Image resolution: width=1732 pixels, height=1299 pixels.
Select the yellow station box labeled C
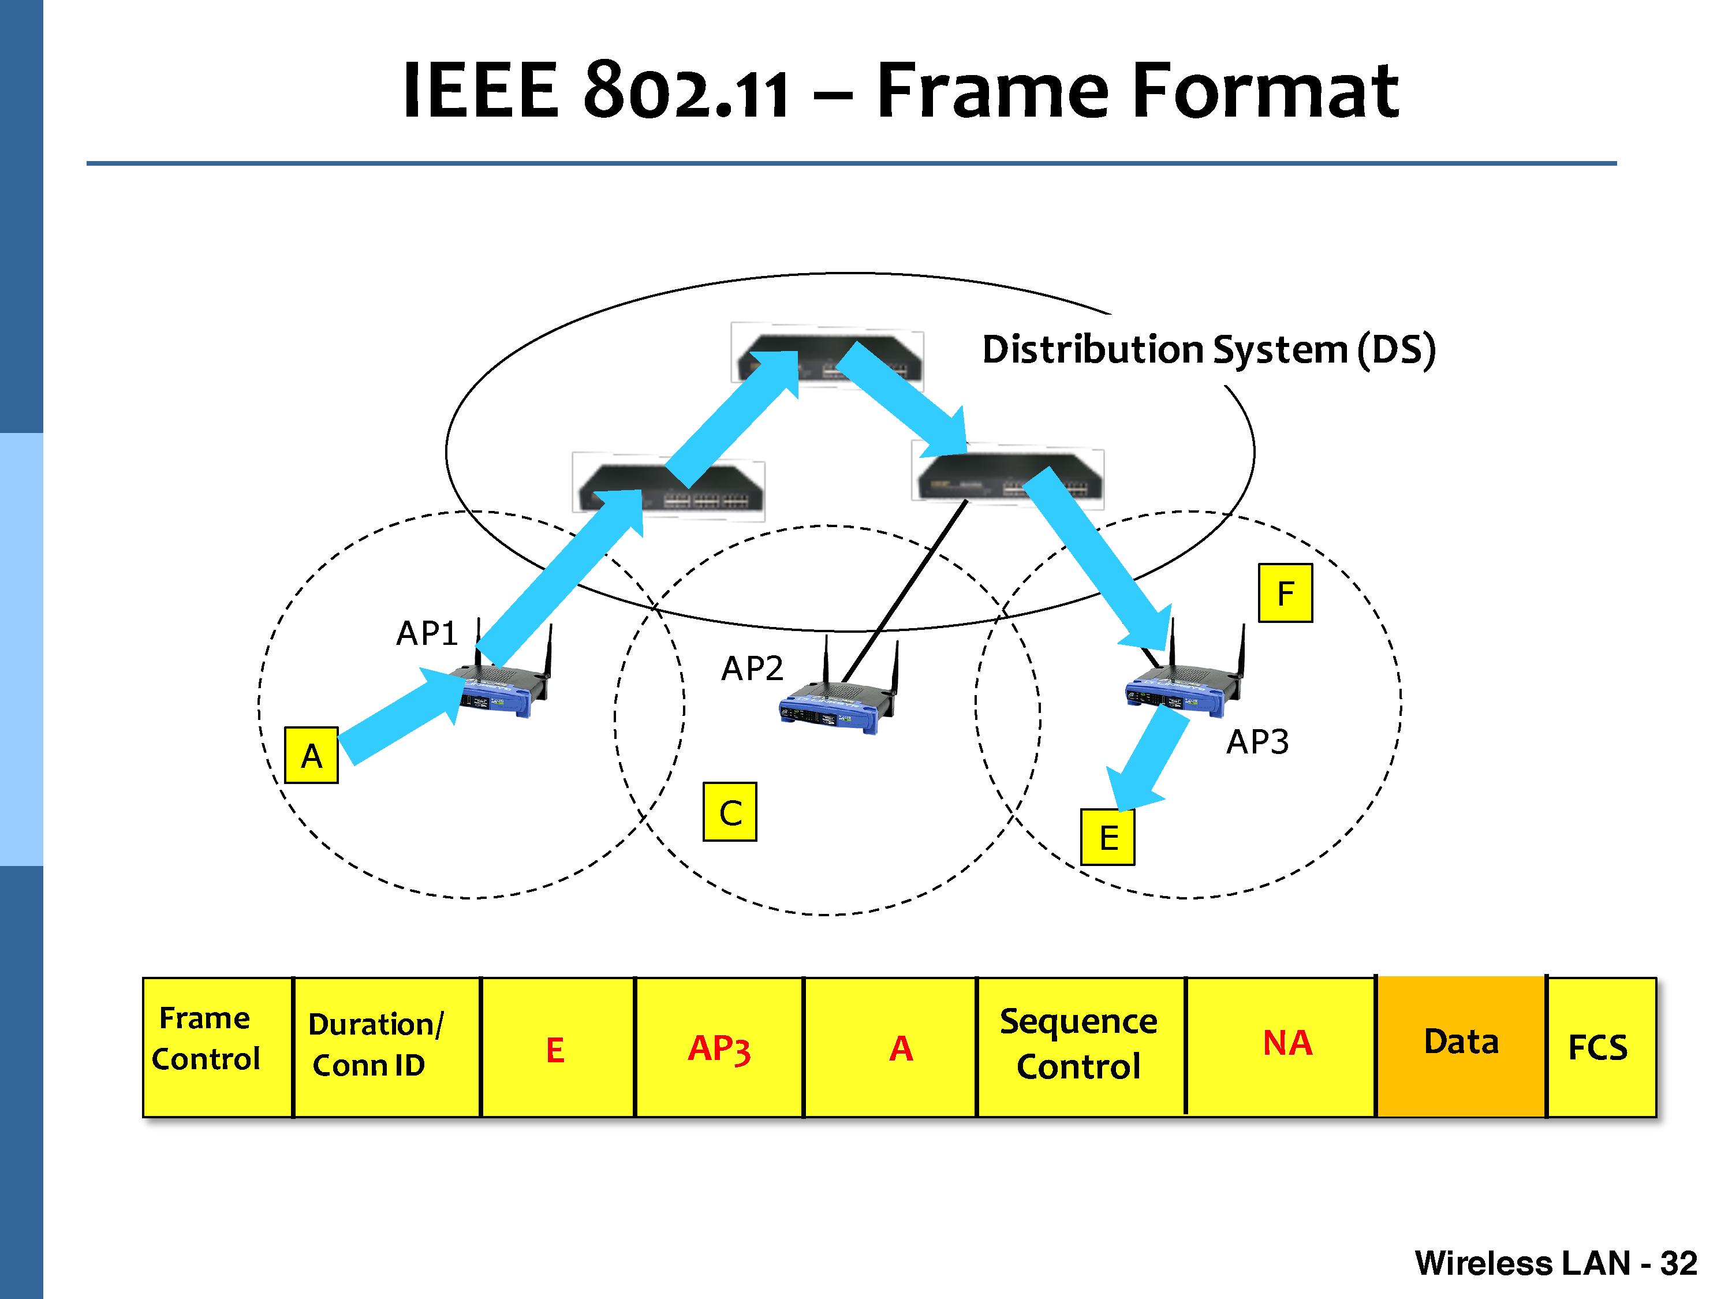click(x=730, y=812)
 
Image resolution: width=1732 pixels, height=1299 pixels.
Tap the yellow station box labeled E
click(x=1108, y=838)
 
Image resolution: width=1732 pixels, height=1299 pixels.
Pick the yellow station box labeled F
click(x=1285, y=593)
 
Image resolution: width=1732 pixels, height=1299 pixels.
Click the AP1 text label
click(x=427, y=633)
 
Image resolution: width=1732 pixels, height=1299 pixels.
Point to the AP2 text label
click(x=752, y=668)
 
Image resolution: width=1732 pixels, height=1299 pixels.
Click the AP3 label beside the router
click(x=1257, y=741)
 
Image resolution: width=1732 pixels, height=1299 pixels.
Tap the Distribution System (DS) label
click(x=1208, y=349)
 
